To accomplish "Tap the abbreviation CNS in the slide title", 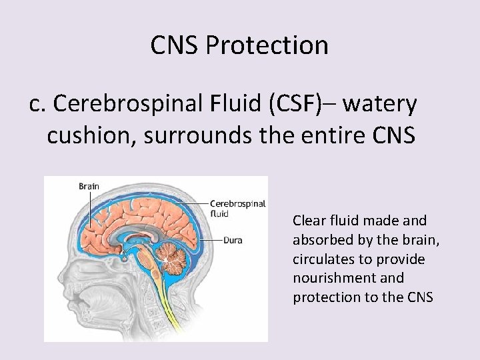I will click(175, 45).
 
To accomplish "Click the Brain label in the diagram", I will click(89, 186).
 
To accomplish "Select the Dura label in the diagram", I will click(233, 240).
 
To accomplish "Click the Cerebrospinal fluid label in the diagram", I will click(237, 209).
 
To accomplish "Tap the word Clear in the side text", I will click(309, 220).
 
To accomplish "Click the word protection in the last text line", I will click(322, 297).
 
